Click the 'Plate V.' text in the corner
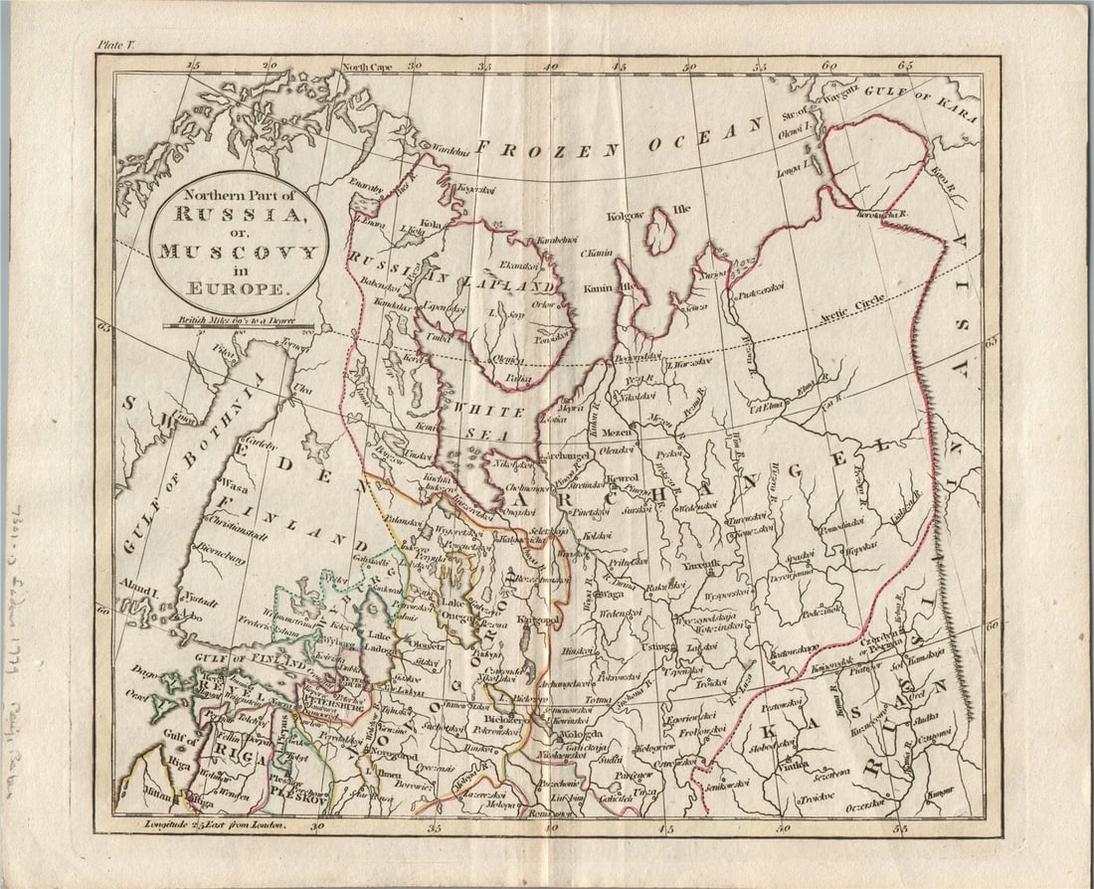click(x=116, y=44)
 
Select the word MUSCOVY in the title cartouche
click(x=238, y=251)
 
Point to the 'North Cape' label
click(x=368, y=68)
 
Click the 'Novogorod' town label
click(x=389, y=757)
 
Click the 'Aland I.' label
click(x=140, y=584)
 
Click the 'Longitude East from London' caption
click(x=214, y=824)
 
